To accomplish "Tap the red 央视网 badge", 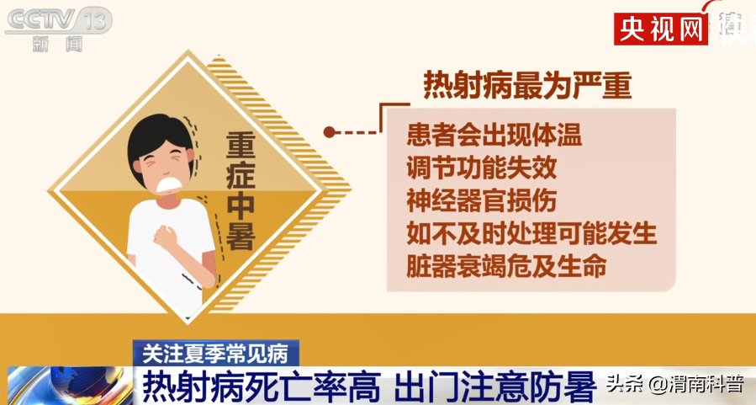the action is pyautogui.click(x=660, y=29).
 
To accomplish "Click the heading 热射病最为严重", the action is pyautogui.click(x=527, y=87).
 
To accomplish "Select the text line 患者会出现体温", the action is pyautogui.click(x=494, y=135).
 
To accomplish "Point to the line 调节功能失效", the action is pyautogui.click(x=482, y=168).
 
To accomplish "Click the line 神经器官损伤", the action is pyautogui.click(x=482, y=200).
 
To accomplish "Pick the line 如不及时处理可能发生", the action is pyautogui.click(x=531, y=233).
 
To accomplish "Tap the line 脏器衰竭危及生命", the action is pyautogui.click(x=507, y=266).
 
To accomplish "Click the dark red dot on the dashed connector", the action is pyautogui.click(x=330, y=132).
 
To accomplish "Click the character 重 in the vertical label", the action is pyautogui.click(x=241, y=147).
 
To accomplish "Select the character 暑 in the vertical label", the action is pyautogui.click(x=241, y=236).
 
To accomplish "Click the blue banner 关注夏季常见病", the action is pyautogui.click(x=216, y=354).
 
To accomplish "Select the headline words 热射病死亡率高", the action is pyautogui.click(x=262, y=386).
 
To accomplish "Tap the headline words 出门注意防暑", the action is pyautogui.click(x=495, y=386).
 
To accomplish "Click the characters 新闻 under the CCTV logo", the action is pyautogui.click(x=57, y=45).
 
